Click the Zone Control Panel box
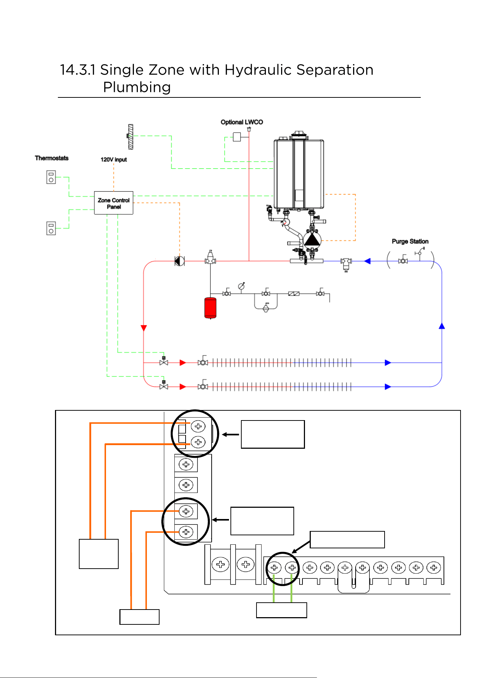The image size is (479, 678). (114, 203)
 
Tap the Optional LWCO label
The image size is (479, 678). (242, 122)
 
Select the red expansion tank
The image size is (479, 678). (210, 308)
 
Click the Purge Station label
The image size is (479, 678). (410, 241)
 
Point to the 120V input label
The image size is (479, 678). (114, 159)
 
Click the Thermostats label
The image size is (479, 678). (52, 158)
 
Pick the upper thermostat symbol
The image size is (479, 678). (51, 177)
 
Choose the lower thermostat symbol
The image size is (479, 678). (51, 229)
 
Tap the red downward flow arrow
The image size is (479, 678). (144, 328)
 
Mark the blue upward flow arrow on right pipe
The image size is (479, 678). (442, 326)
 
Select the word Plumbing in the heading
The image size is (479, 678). (137, 87)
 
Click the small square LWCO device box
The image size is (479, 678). (237, 137)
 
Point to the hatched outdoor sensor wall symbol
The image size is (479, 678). (131, 137)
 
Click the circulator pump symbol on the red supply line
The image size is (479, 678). (179, 261)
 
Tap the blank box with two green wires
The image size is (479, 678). (281, 610)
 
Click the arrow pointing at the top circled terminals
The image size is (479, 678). (230, 434)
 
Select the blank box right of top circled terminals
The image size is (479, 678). (273, 434)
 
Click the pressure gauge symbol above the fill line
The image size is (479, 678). (241, 286)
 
